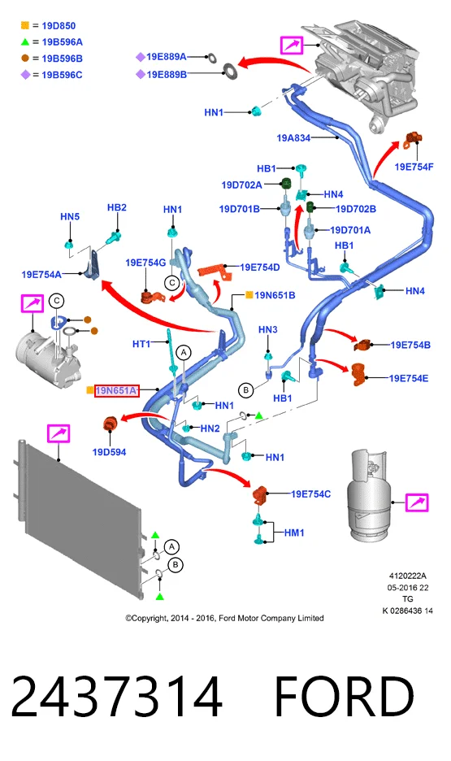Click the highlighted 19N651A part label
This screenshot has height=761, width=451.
tap(116, 390)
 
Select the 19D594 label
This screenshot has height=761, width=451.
tap(109, 452)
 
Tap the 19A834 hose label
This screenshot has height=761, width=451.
tap(293, 138)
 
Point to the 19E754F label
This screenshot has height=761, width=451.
tap(414, 167)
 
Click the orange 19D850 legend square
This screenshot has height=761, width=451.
tap(24, 26)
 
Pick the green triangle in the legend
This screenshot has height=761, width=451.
tap(24, 42)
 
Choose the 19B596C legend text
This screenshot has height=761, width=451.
tap(62, 75)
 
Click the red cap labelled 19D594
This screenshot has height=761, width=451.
tap(110, 424)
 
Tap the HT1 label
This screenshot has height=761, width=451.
tap(141, 344)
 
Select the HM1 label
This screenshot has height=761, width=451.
tap(294, 533)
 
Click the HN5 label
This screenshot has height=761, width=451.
tap(70, 216)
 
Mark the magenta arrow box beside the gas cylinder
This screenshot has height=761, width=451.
tap(417, 502)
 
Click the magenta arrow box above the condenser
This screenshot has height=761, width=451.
tap(59, 433)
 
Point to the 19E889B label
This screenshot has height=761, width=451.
tap(167, 74)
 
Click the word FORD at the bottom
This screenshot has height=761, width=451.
tap(345, 697)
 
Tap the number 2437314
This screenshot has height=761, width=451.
tap(117, 697)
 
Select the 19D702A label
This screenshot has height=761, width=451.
tap(241, 185)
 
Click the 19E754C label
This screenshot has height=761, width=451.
tap(310, 494)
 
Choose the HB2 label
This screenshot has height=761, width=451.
tap(117, 207)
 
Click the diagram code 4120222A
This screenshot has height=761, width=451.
tap(407, 576)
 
